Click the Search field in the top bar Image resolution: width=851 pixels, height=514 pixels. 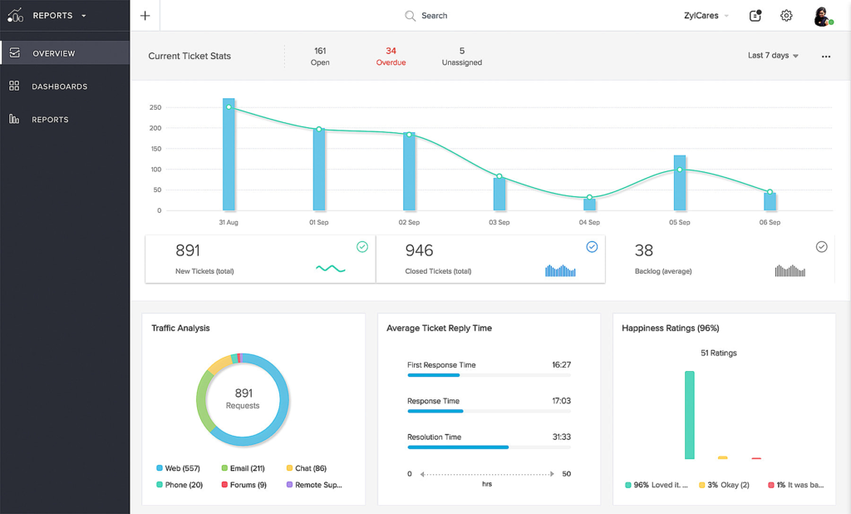point(426,16)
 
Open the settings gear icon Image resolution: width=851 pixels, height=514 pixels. point(786,16)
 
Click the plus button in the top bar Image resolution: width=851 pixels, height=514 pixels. point(145,16)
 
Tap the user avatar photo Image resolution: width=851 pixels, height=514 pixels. point(822,17)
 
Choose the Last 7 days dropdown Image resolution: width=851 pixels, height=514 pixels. point(773,56)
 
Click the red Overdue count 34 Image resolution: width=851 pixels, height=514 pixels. point(391,51)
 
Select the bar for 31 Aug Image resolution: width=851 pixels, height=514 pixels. point(229,155)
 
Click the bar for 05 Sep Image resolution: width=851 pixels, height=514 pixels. point(680,183)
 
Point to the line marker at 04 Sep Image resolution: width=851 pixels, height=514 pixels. point(589,197)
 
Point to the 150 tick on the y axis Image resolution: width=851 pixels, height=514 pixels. point(155,148)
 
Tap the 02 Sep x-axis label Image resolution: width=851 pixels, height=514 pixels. point(409,222)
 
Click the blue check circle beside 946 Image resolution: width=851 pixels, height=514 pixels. point(592,247)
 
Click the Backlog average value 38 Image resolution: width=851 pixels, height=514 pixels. point(644,250)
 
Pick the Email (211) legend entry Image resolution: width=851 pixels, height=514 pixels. point(243,468)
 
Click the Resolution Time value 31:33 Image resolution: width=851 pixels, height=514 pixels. point(561,437)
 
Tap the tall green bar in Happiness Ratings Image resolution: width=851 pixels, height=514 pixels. point(689,415)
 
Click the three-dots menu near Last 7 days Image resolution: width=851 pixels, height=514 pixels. point(826,57)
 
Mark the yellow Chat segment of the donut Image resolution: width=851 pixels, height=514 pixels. point(219,364)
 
